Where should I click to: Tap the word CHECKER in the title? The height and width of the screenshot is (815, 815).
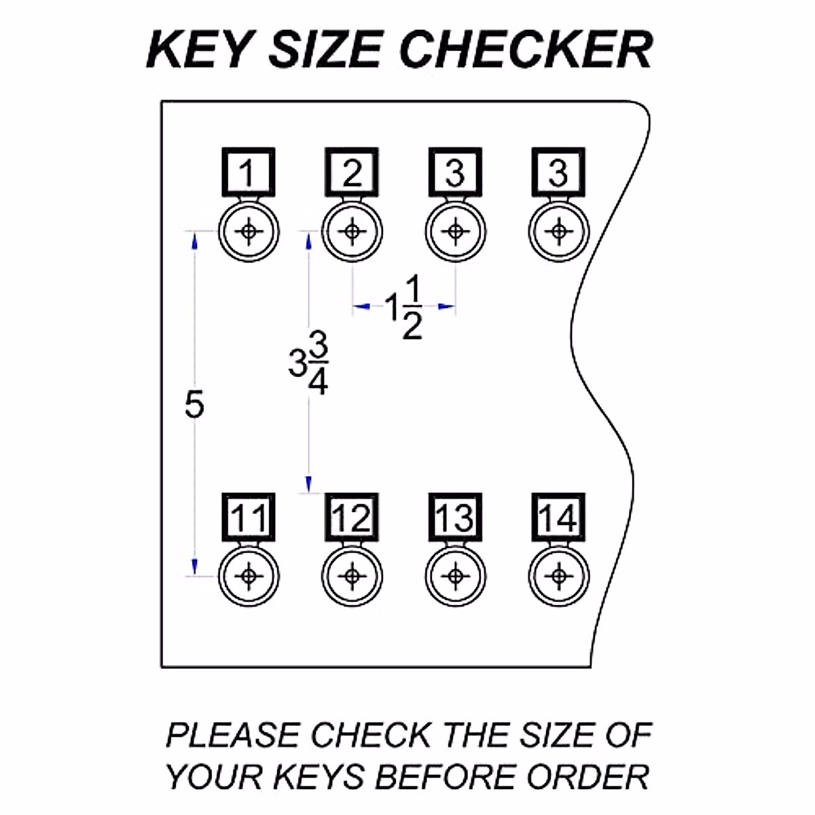point(526,50)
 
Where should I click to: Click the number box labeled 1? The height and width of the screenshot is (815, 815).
point(249,173)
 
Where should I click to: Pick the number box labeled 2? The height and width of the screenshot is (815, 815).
point(352,173)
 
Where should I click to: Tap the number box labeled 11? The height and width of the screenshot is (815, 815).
point(249,518)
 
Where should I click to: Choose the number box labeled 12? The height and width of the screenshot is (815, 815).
point(352,518)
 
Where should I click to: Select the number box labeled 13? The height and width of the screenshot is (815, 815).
point(455,518)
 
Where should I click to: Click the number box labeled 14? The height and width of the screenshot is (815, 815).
point(558,518)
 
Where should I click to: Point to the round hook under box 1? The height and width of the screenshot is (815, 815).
point(249,232)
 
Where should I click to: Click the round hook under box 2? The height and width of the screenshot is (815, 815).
point(352,232)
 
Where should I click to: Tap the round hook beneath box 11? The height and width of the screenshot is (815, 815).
point(249,576)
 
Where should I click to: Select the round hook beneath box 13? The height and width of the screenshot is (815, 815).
point(456,576)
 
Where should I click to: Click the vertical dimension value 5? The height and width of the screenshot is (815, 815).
point(194,405)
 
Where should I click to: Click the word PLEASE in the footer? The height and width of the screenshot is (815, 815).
point(233,736)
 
